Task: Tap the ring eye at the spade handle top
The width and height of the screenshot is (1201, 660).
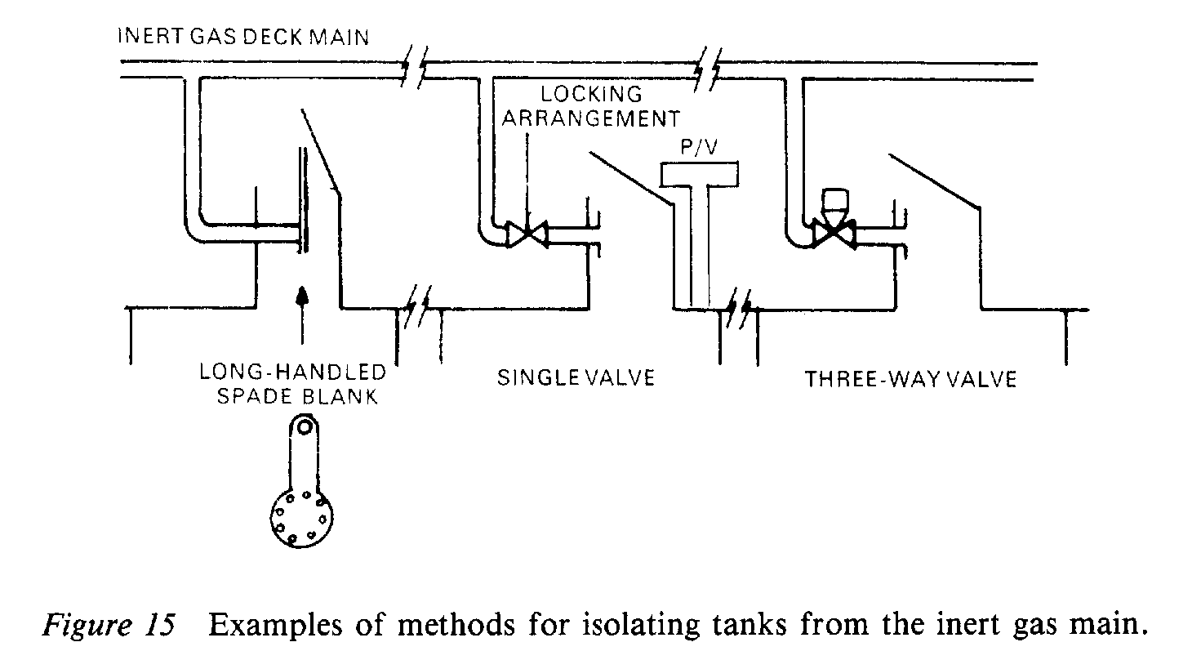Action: tap(304, 426)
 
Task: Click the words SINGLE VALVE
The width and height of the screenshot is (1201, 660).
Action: tap(576, 378)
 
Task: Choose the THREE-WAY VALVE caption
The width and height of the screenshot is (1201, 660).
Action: tap(910, 379)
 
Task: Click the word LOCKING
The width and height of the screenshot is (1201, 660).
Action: tap(591, 94)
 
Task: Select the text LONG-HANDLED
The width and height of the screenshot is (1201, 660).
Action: tap(293, 373)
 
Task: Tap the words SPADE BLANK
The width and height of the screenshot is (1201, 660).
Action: tap(293, 399)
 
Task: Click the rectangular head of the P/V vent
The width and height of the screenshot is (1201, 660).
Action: tap(700, 172)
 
